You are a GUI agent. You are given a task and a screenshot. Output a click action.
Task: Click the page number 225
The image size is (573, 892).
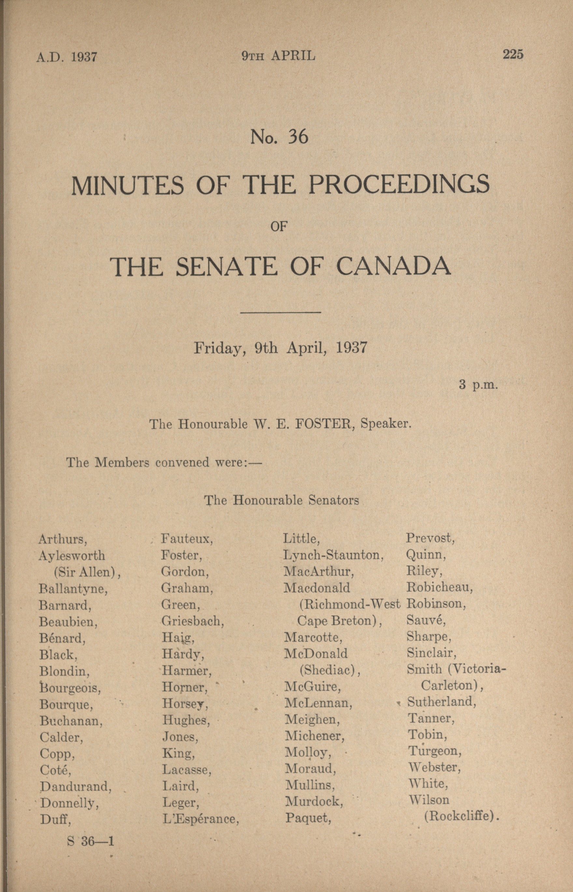coord(513,54)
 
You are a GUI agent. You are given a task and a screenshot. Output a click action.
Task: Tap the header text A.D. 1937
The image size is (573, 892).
coord(67,57)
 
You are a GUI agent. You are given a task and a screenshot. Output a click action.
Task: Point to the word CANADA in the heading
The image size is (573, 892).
coord(394,266)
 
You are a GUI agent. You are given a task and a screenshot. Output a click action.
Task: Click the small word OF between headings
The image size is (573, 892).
coord(279,226)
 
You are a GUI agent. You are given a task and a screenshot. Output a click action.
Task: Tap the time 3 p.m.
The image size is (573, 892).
coord(478,384)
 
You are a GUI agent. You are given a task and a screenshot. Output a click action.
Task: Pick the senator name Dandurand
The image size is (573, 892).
coord(76,786)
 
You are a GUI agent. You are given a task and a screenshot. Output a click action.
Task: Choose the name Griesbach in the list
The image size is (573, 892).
coord(192,621)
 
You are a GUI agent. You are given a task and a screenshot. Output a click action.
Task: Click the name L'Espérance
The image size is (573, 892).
coord(201,819)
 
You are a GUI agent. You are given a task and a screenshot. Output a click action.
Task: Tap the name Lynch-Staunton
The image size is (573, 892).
coord(333,555)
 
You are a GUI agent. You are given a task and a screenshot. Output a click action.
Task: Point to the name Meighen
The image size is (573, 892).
coord(312,720)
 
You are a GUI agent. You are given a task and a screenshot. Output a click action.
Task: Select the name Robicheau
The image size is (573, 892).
coord(440,587)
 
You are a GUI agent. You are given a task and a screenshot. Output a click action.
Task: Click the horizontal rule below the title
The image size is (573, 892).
coord(281,312)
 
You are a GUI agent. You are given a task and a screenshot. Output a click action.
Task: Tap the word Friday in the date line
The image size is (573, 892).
coord(219,348)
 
